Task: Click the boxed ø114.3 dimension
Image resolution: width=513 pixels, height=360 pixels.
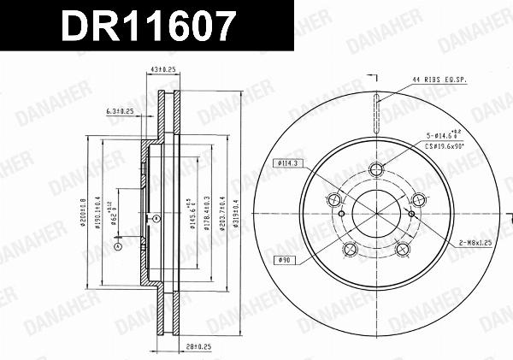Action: pos(286,163)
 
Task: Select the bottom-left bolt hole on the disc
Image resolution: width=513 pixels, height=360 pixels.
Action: pos(349,248)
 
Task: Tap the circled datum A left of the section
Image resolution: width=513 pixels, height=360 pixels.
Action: pos(118,247)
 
